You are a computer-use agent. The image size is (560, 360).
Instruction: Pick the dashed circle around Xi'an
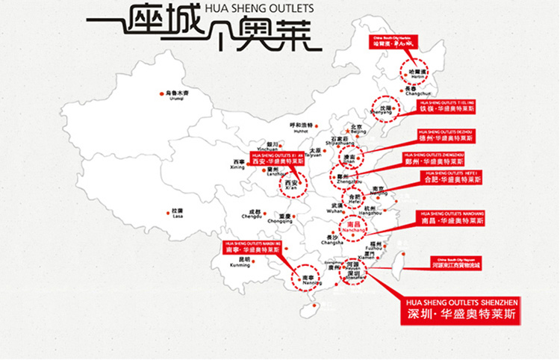tap(293, 182)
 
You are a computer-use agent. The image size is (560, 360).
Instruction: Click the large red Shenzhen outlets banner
tap(459, 308)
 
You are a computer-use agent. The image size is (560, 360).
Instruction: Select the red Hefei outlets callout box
tap(452, 177)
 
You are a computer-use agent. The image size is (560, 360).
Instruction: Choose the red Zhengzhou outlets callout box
tap(442, 158)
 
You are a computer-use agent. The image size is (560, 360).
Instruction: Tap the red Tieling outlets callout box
tap(447, 105)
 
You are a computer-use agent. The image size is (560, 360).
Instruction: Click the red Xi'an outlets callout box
tap(278, 158)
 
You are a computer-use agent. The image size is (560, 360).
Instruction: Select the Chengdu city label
tap(253, 214)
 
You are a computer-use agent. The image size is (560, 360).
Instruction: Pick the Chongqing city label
tap(280, 219)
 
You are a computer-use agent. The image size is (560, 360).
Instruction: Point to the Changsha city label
tap(332, 239)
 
